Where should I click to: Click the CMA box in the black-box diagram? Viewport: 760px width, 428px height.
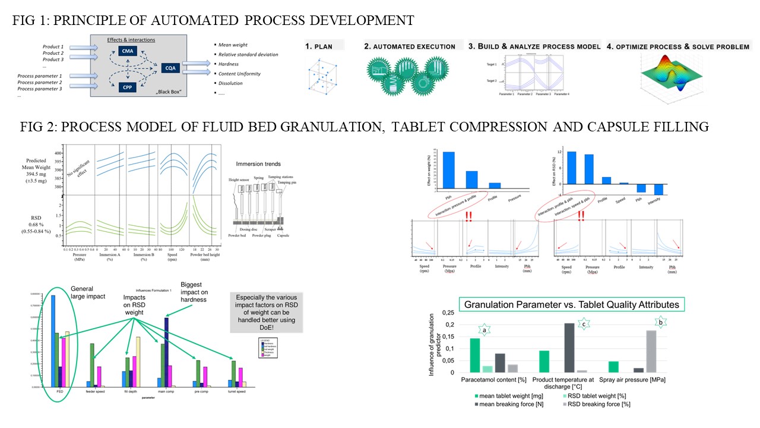coord(128,52)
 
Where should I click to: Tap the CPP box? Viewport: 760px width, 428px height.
coord(128,86)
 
